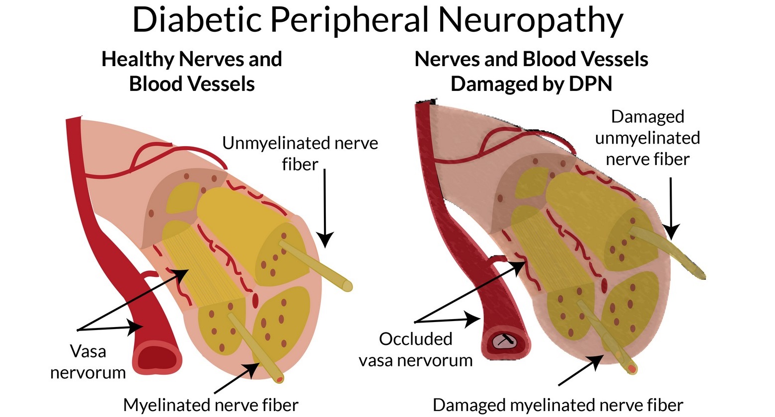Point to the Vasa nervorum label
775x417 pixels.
[x=88, y=362]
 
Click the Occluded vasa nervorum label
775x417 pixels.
[x=416, y=349]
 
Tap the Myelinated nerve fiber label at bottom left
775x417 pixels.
[x=211, y=405]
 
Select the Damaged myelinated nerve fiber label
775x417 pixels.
[x=558, y=405]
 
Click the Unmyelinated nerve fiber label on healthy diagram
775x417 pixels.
[x=300, y=153]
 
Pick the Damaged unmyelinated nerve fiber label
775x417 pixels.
[x=647, y=138]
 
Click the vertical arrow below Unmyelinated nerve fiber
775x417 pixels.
[x=325, y=209]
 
